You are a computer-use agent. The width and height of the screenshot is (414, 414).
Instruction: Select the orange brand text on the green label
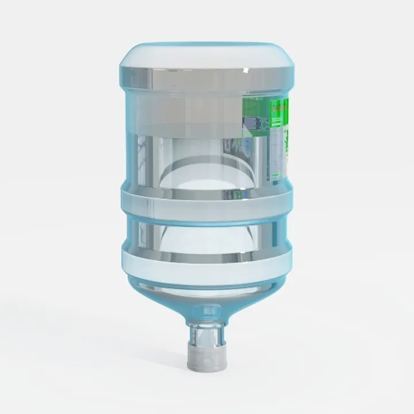pos(279,106)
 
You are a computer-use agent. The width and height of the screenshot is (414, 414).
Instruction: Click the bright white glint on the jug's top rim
pos(246,70)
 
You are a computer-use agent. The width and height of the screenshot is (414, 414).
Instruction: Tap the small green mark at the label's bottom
pos(277,172)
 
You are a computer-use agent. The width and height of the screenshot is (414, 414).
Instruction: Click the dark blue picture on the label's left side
pos(251,124)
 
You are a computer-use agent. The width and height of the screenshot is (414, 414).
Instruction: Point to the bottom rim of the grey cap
pos(206,368)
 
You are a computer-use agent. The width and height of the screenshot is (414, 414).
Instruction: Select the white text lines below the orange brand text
pos(278,118)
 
